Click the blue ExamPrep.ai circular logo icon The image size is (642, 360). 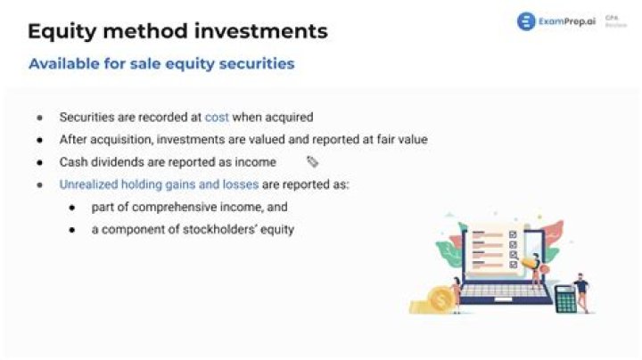click(526, 21)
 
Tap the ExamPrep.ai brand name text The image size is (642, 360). click(567, 21)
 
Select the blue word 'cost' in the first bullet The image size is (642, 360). click(217, 117)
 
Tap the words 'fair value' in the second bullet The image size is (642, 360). click(403, 140)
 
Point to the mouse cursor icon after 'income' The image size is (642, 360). click(312, 162)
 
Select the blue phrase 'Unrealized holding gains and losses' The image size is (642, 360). click(159, 184)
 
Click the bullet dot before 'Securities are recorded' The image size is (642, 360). click(39, 118)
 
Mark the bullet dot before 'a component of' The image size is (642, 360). click(72, 230)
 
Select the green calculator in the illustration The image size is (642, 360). click(565, 299)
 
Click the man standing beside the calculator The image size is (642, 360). click(581, 290)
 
